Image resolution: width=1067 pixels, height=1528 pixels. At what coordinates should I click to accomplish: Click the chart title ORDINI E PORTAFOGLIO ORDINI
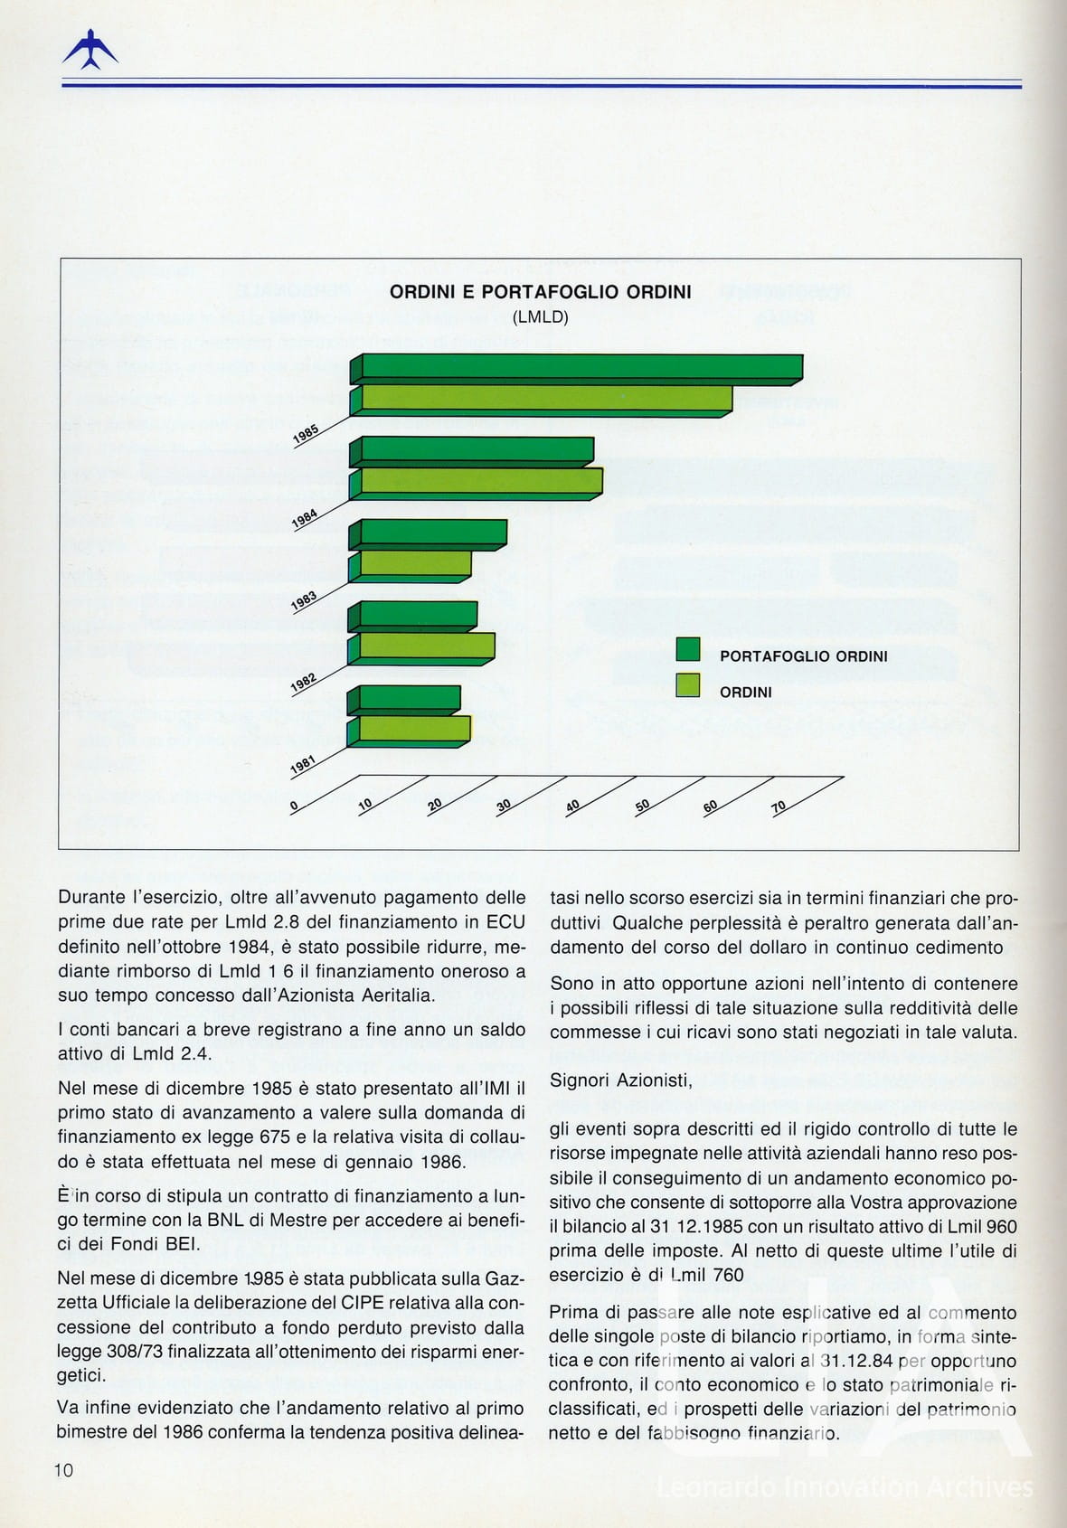540,292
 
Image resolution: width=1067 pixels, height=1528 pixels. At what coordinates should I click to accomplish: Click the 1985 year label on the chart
306,435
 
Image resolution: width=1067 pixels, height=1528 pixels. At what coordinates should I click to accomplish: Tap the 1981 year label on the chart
303,765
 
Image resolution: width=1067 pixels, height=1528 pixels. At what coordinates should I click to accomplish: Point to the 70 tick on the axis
779,806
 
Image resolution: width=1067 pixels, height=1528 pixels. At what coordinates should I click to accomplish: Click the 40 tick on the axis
572,806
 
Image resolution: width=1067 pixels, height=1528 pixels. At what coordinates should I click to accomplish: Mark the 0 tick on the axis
294,806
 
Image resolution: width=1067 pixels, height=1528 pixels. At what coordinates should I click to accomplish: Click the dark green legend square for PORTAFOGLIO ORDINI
688,649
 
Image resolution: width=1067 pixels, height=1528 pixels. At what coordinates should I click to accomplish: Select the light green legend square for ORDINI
688,685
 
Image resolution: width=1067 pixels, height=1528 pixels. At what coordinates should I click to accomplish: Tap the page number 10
63,1470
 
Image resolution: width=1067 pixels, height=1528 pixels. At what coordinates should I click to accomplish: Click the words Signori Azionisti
620,1080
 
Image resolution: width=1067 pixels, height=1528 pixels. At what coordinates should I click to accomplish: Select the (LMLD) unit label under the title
540,317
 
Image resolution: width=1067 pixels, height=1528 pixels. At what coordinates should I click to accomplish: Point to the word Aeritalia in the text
391,995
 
